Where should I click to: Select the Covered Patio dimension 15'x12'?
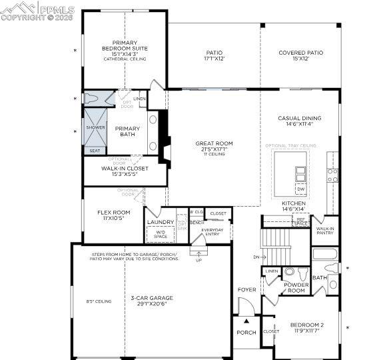tap(300, 59)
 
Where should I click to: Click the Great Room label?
tap(214, 143)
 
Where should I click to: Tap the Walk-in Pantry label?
tap(325, 231)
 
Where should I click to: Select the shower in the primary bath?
tap(95, 127)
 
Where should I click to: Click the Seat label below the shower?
tap(95, 151)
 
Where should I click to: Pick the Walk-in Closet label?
tap(125, 169)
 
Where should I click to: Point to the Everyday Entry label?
tap(213, 231)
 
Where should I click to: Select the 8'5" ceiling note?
tap(99, 301)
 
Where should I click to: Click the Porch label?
tap(246, 333)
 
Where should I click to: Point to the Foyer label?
tap(246, 289)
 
